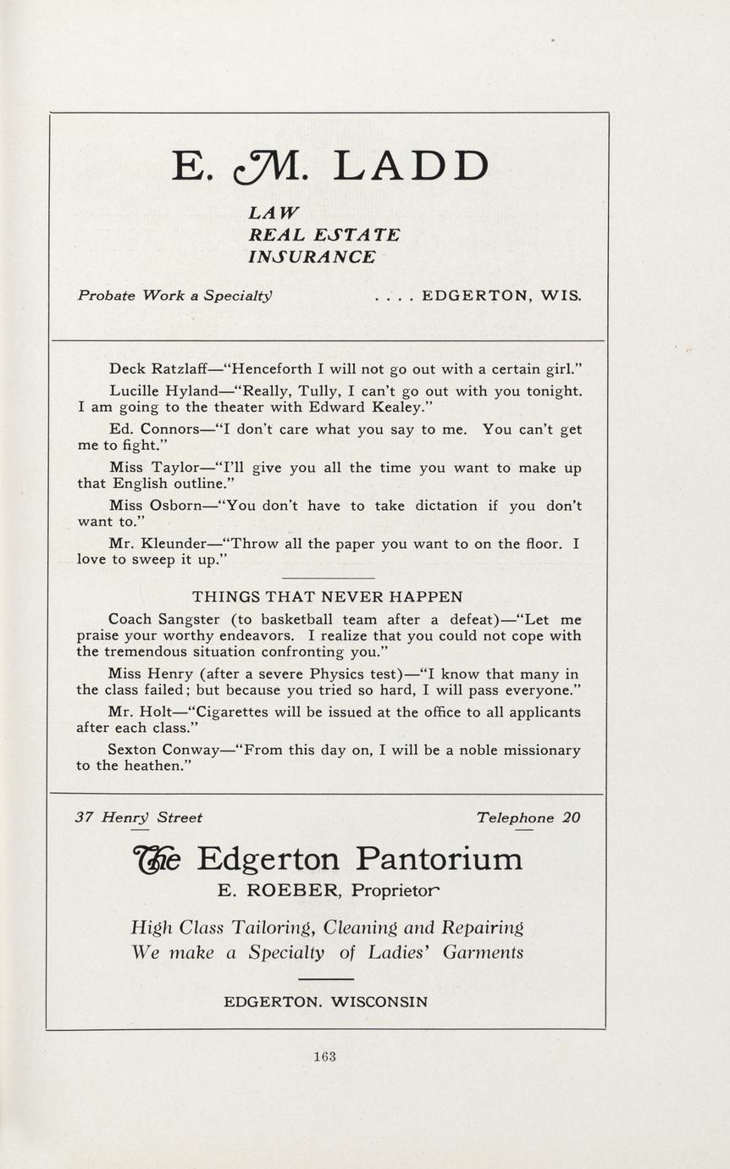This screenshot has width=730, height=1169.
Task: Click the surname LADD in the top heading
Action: pyautogui.click(x=411, y=167)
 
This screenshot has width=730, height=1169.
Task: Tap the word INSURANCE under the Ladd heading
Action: pyautogui.click(x=312, y=257)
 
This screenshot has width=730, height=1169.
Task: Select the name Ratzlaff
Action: pyautogui.click(x=181, y=369)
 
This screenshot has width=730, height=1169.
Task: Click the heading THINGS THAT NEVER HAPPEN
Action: pyautogui.click(x=327, y=596)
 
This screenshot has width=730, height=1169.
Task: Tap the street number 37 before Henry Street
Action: pyautogui.click(x=84, y=818)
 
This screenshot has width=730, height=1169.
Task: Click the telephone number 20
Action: pyautogui.click(x=572, y=818)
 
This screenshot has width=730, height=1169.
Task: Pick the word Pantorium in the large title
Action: pyautogui.click(x=439, y=859)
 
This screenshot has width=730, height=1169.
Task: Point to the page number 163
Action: pyautogui.click(x=324, y=1056)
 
